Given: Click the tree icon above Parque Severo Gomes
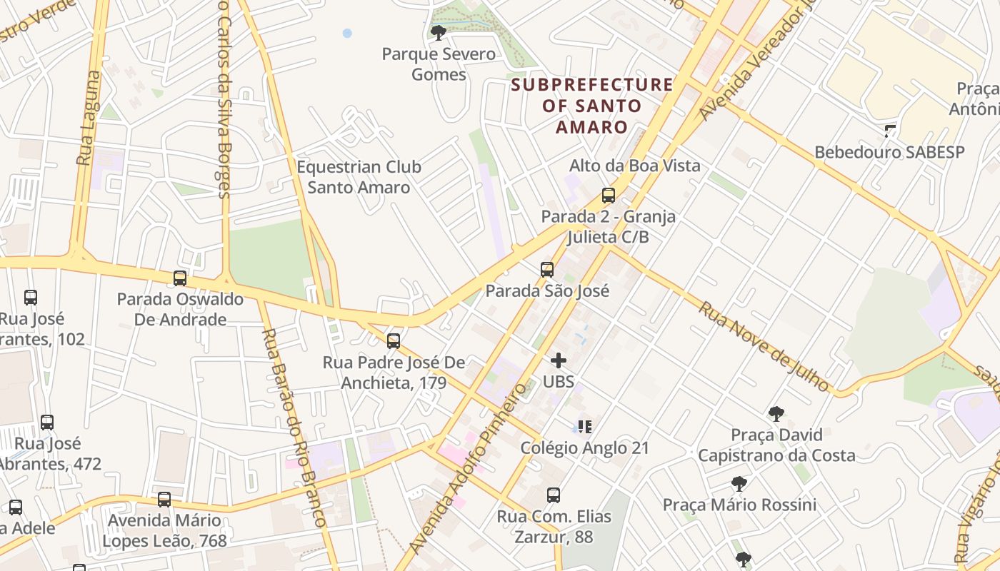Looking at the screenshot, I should point(439,32).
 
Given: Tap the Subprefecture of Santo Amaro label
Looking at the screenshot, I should point(592,106).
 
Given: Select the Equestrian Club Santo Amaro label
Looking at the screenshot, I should point(359,177).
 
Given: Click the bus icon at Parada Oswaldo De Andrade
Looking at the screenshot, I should point(180,278).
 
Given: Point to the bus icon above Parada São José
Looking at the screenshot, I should point(547,269).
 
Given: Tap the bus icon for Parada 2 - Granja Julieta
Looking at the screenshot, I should point(609,195).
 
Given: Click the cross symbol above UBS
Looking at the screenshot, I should point(559,360).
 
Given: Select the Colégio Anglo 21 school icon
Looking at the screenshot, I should point(585,427).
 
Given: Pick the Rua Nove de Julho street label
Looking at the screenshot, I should point(764,347).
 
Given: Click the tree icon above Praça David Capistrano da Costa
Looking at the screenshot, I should point(776,413).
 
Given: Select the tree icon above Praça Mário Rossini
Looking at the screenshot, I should point(739,484).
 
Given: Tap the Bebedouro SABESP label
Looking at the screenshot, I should point(889,152).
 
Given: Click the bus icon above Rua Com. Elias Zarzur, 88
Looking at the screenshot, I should point(554,495).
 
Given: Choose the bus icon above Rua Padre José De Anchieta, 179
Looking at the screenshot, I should point(394,340).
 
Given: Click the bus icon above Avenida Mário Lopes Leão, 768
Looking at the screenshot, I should point(164,499).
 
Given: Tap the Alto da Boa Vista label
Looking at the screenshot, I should point(634,166).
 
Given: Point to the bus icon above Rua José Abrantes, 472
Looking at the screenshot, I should point(47,422).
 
